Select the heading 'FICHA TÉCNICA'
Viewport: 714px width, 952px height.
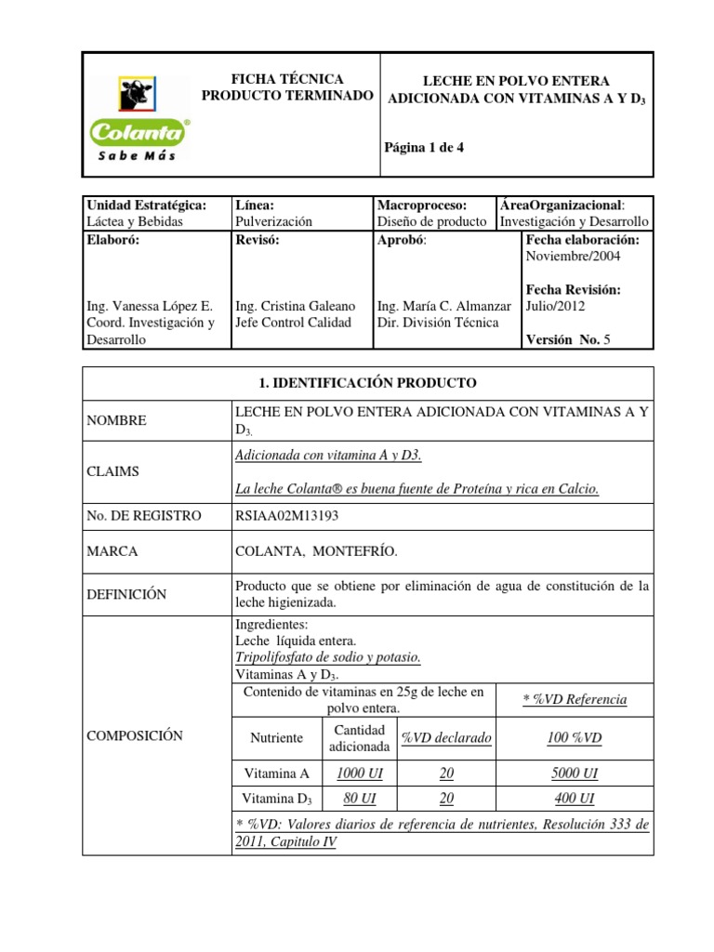click(287, 79)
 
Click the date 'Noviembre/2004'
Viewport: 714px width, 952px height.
click(573, 256)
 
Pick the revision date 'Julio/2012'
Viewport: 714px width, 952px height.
click(556, 305)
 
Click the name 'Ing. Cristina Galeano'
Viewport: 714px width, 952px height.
click(296, 305)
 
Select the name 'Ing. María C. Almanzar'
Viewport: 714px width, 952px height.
click(444, 305)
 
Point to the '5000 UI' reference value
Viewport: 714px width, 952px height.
click(573, 773)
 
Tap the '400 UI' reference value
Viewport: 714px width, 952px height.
click(573, 798)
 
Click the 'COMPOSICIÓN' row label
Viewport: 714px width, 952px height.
click(134, 735)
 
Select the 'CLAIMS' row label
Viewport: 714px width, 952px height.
click(112, 471)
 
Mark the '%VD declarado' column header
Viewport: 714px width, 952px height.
click(445, 737)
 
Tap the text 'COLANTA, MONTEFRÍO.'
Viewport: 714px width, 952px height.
click(316, 551)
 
